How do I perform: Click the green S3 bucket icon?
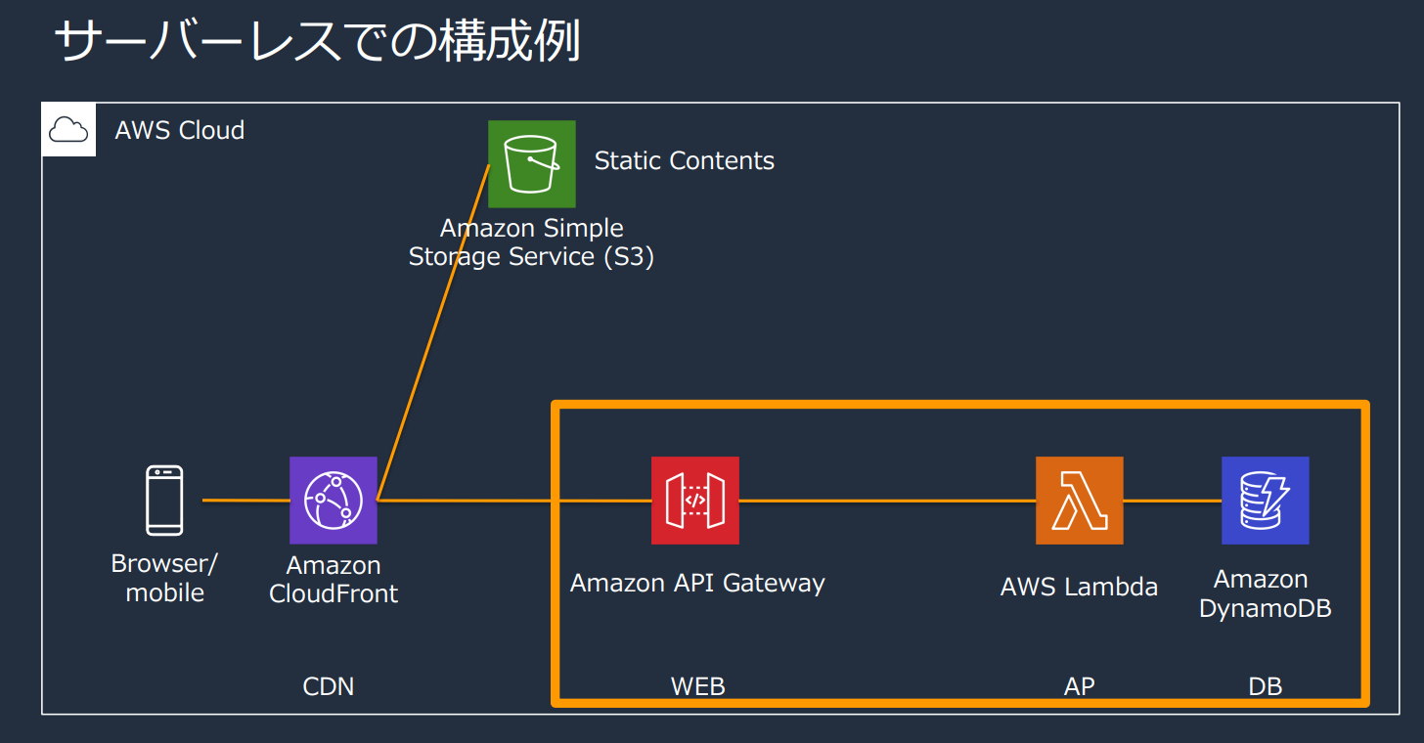(x=532, y=164)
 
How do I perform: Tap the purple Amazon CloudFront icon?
(x=334, y=501)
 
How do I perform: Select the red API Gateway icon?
(x=695, y=501)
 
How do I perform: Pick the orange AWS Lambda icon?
(x=1080, y=501)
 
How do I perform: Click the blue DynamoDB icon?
(x=1266, y=501)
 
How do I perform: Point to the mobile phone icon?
(x=164, y=501)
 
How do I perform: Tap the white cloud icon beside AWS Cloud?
(x=68, y=129)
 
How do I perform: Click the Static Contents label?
(x=684, y=161)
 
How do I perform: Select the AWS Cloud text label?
(x=180, y=130)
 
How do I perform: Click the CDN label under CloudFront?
(x=329, y=686)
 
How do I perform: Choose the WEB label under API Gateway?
(x=697, y=686)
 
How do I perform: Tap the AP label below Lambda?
(x=1079, y=686)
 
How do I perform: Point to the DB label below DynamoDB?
(x=1266, y=686)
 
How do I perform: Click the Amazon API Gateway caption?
(x=697, y=584)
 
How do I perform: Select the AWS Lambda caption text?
(x=1079, y=588)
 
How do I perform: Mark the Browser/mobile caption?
(x=164, y=578)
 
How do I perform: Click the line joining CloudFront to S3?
(x=433, y=332)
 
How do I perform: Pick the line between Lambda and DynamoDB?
(x=1173, y=501)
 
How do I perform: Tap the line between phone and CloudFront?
(x=245, y=501)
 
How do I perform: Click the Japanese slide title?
(x=317, y=43)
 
